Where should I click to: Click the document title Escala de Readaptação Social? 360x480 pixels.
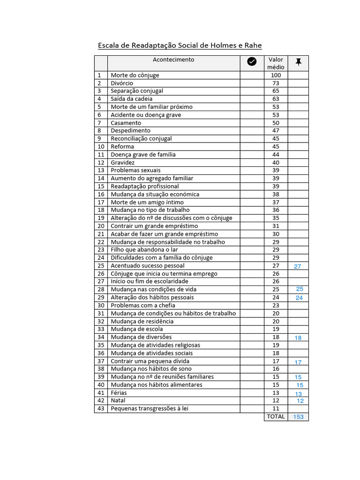[x=180, y=45]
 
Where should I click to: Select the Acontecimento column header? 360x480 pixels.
[x=173, y=60]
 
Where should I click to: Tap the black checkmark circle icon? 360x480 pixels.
[x=252, y=61]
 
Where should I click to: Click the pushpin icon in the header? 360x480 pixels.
[x=298, y=61]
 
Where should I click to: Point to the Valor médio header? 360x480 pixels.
[x=276, y=63]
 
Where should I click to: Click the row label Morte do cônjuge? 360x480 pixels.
[x=135, y=75]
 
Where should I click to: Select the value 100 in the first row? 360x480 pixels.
[x=276, y=75]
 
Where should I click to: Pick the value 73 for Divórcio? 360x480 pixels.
[x=276, y=83]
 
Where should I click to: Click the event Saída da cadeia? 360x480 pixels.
[x=132, y=99]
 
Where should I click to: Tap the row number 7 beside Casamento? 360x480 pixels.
[x=99, y=123]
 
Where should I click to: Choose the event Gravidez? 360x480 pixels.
[x=123, y=163]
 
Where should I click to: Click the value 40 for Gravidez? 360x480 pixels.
[x=276, y=163]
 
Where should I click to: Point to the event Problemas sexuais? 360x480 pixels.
[x=135, y=171]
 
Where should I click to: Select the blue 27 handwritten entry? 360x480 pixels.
[x=298, y=266]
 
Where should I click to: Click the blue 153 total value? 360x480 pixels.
[x=298, y=417]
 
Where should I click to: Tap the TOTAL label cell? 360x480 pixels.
[x=276, y=416]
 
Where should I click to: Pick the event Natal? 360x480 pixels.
[x=118, y=401]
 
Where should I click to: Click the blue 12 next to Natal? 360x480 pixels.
[x=300, y=401]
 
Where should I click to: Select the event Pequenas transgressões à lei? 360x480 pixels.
[x=150, y=409]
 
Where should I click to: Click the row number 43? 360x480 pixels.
[x=101, y=409]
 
